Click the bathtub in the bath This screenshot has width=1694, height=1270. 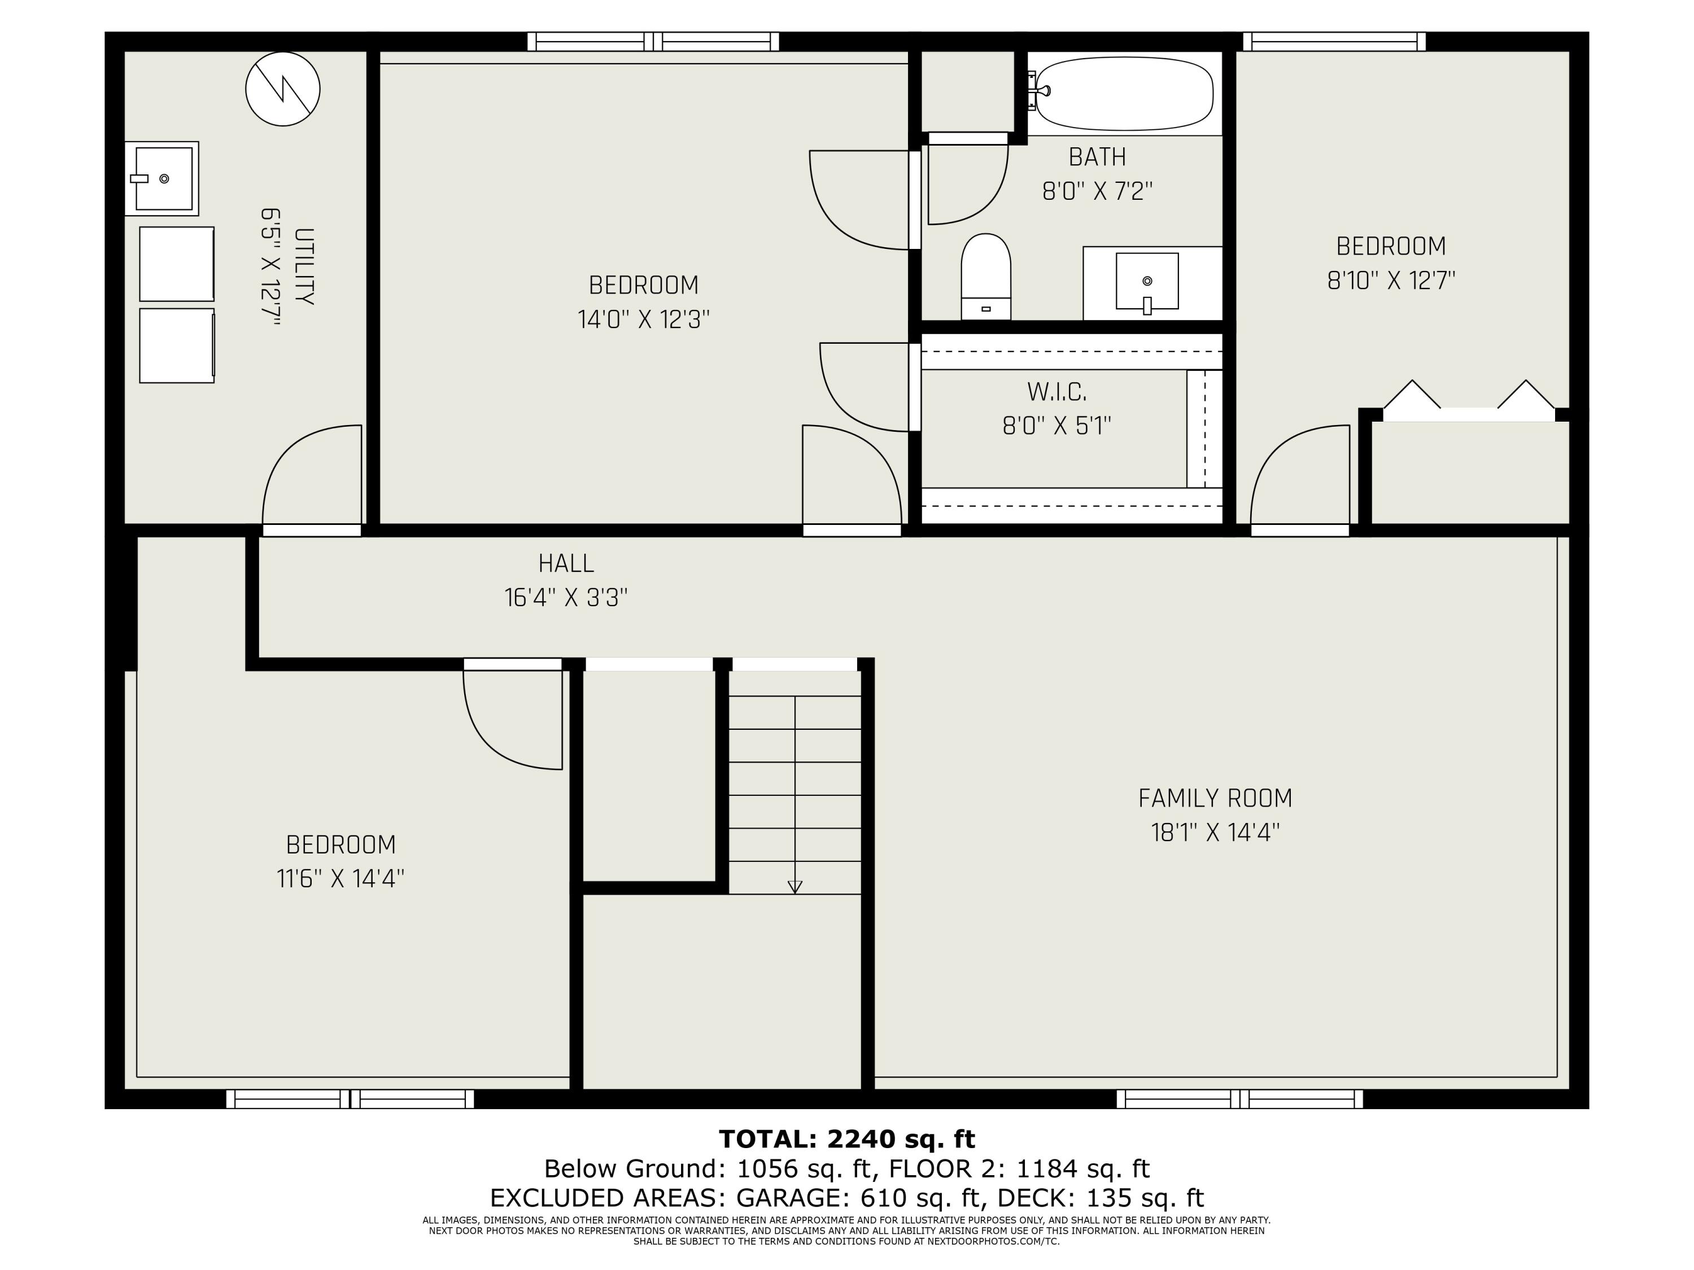click(1124, 93)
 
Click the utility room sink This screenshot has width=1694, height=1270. click(163, 178)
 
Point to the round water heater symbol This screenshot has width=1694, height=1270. click(282, 89)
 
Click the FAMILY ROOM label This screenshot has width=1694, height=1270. click(1215, 799)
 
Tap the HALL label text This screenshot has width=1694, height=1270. click(566, 563)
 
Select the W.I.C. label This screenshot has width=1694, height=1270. click(1057, 392)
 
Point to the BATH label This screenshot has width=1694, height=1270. click(1097, 157)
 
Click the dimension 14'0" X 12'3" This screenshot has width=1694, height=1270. click(643, 319)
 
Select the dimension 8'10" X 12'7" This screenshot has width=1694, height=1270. click(1391, 280)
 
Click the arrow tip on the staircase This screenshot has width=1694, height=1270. click(795, 892)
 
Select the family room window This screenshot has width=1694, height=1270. click(1240, 1100)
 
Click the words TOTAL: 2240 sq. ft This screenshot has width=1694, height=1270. click(847, 1139)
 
